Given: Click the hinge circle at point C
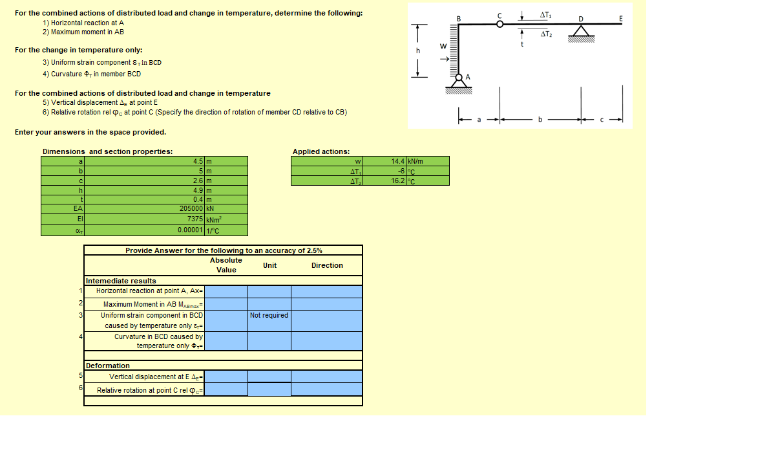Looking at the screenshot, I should click(x=500, y=24).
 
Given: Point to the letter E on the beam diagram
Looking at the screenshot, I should click(x=620, y=19).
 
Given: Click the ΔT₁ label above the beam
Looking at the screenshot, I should click(x=546, y=14).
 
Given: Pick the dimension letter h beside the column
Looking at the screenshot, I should click(x=418, y=50).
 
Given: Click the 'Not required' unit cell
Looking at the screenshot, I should click(x=269, y=316).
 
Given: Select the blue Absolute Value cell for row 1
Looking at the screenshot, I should click(x=226, y=291).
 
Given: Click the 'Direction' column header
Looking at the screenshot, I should click(x=327, y=265).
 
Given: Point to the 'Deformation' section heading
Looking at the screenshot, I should click(x=108, y=366).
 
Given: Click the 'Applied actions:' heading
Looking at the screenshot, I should click(x=321, y=151).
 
